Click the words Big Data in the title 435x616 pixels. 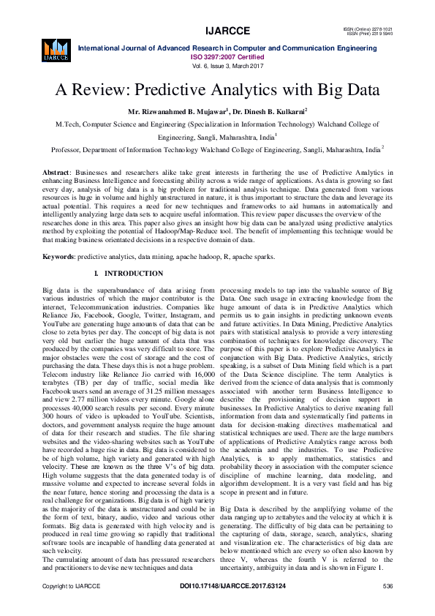click(344, 91)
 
